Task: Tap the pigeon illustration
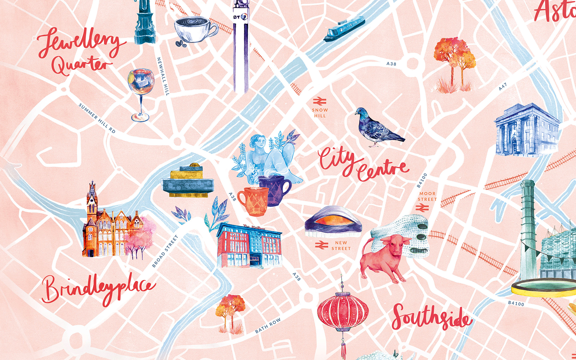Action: click(x=376, y=128)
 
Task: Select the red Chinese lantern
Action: click(x=343, y=311)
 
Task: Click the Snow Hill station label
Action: click(x=320, y=113)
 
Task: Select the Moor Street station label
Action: click(x=427, y=196)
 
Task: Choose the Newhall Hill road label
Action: click(x=163, y=76)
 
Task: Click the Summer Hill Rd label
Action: click(x=97, y=118)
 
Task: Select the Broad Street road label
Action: click(x=165, y=251)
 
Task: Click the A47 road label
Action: click(x=503, y=86)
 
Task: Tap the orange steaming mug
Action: click(x=253, y=201)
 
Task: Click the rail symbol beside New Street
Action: click(x=321, y=245)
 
